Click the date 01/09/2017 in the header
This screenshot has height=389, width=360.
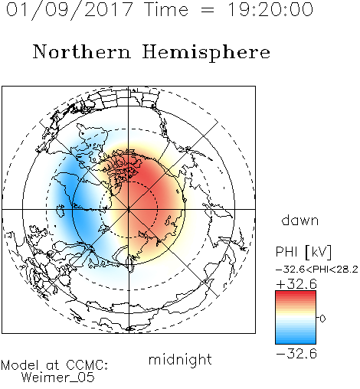point(69,10)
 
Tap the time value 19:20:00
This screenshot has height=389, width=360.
point(270,10)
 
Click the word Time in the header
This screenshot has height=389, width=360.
point(166,10)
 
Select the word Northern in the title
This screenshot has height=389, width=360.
point(81,51)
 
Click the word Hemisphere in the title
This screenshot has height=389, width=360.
point(206,53)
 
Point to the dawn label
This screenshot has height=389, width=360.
point(299,220)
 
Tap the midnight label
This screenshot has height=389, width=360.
point(180,359)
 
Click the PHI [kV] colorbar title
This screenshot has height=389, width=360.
point(303,252)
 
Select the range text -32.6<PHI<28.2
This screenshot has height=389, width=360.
point(316,270)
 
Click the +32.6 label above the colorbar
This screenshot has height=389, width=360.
point(296,284)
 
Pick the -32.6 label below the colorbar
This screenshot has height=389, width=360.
point(296,354)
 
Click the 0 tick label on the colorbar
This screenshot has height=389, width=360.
point(322,319)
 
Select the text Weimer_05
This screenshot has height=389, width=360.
point(57,378)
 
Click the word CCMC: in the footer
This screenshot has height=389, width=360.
point(87,365)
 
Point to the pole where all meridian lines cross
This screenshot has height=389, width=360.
point(129,209)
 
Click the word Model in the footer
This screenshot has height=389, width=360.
point(20,365)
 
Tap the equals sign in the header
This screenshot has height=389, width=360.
point(208,10)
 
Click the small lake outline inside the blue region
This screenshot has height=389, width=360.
point(61,210)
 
